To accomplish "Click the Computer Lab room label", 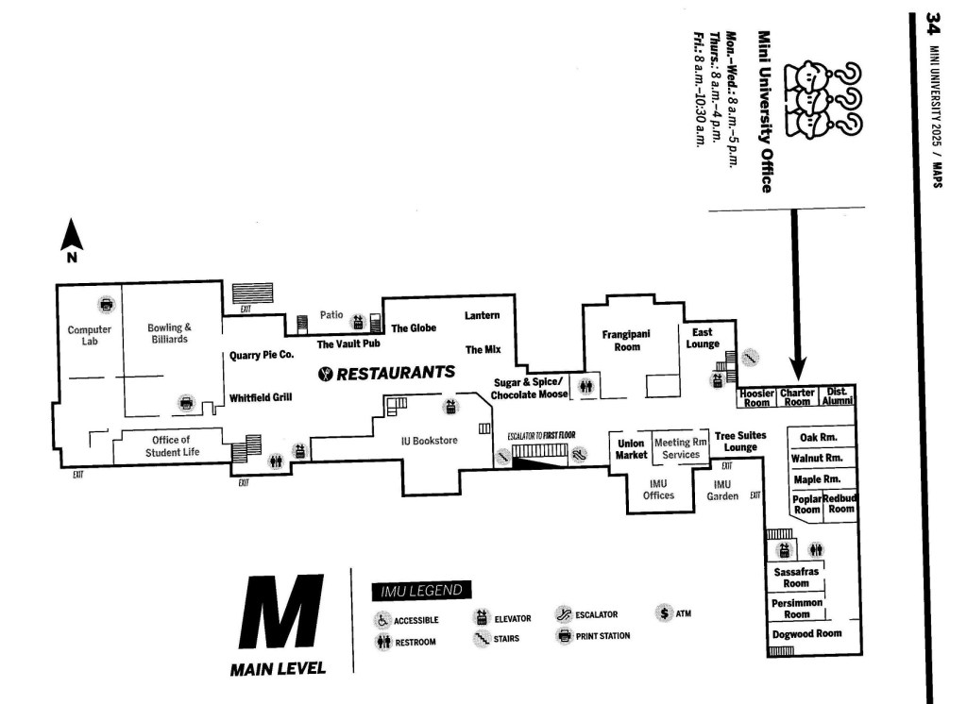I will point(90,335).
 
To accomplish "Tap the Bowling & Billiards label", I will point(170,333).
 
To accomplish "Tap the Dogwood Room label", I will point(806,633).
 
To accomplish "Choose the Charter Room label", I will point(797,397).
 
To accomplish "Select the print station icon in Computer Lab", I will point(107,305).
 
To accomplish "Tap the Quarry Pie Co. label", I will point(263,356).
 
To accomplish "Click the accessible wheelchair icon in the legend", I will point(383,620).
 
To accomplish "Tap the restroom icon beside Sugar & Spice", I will point(587,385).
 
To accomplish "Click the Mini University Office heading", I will point(764,110).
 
